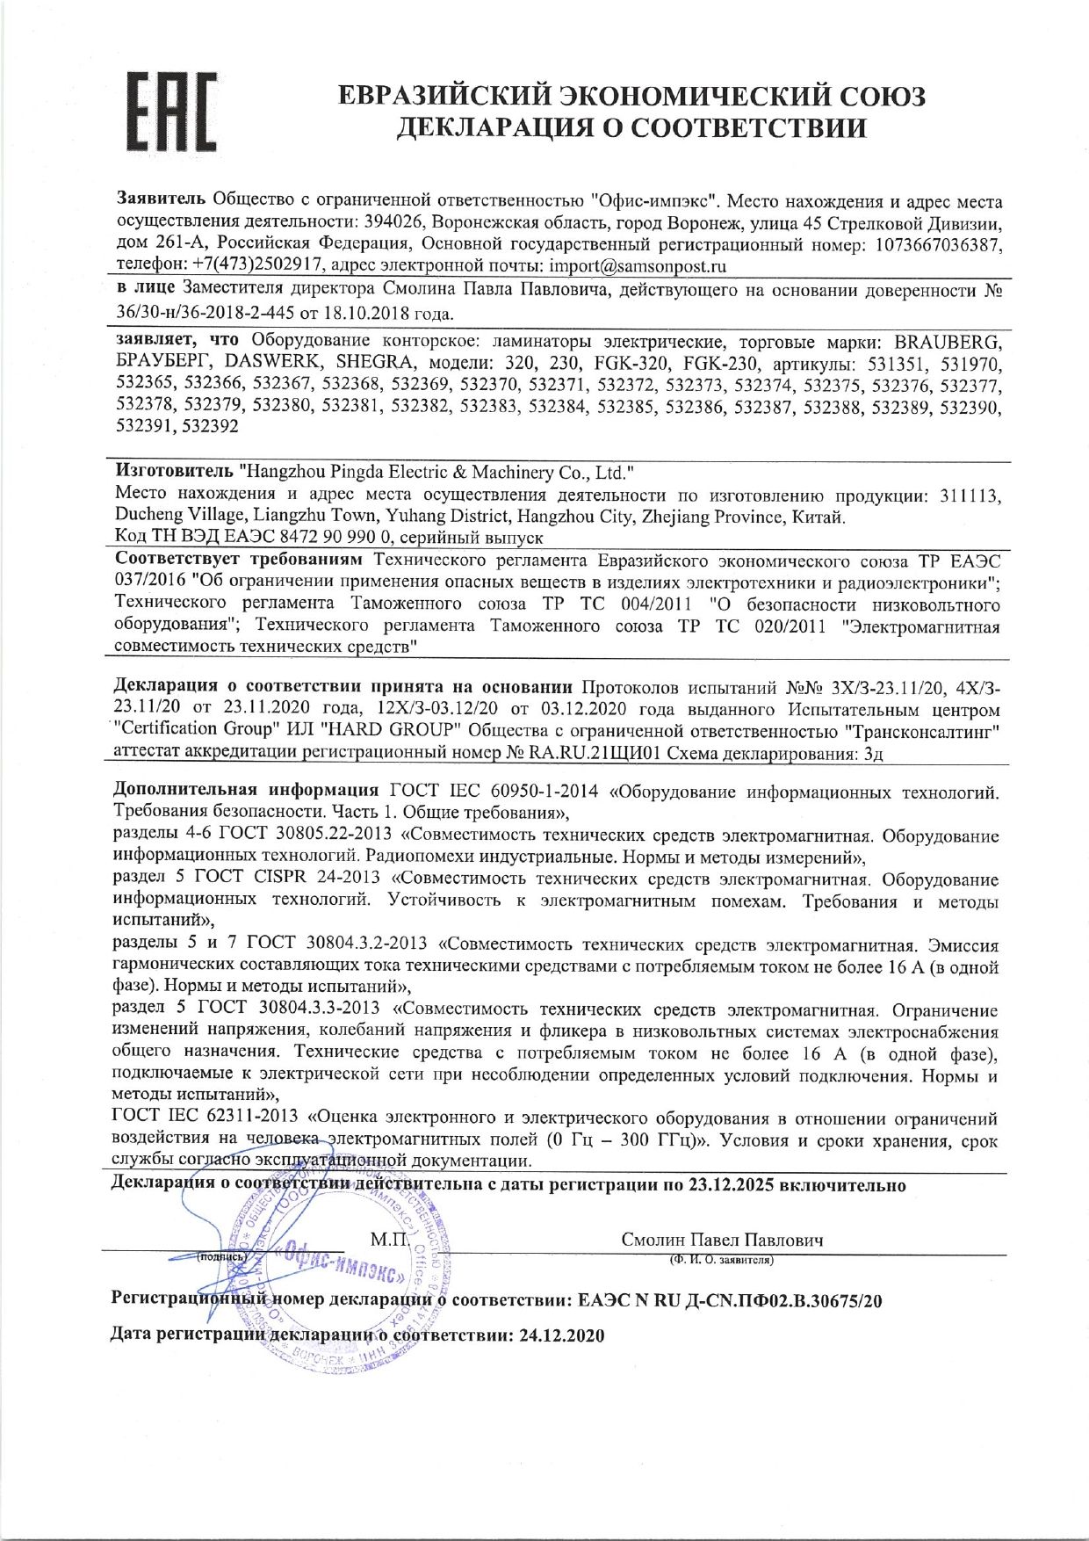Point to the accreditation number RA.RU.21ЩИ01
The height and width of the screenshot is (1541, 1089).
(x=592, y=753)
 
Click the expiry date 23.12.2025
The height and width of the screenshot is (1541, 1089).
(x=731, y=1185)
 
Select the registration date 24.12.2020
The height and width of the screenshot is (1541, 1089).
(x=562, y=1335)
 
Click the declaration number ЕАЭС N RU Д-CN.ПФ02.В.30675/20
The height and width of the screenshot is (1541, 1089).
(x=731, y=1300)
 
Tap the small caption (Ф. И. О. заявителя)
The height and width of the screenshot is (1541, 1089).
(x=720, y=1260)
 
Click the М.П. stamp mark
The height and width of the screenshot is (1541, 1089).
(x=389, y=1240)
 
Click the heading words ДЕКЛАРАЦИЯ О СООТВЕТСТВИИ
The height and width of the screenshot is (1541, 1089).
(x=631, y=129)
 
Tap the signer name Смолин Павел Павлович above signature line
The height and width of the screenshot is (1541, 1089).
(x=722, y=1240)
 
